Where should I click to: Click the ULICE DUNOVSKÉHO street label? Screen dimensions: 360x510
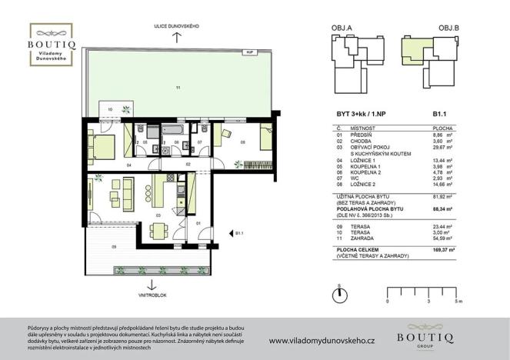coord(177,27)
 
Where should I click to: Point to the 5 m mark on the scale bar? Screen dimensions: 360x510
coord(457,302)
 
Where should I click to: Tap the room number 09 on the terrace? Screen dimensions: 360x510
coord(114,246)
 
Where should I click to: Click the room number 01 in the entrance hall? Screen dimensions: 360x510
coord(198,223)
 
